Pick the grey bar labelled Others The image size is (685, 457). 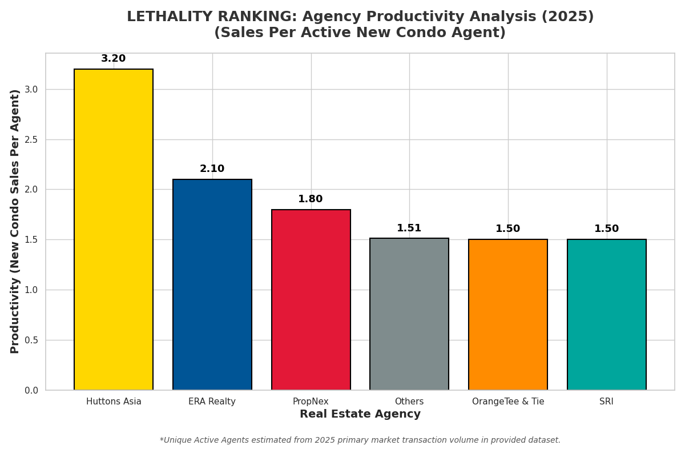(x=409, y=314)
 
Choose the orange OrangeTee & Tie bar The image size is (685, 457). (x=508, y=315)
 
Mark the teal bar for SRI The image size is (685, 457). (x=607, y=315)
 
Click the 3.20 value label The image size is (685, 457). (x=114, y=59)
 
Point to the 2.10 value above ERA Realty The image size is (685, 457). (x=212, y=169)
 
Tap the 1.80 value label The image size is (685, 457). (x=311, y=199)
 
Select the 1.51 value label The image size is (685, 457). (x=409, y=228)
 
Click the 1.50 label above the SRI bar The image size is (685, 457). (x=607, y=229)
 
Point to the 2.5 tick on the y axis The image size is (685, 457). (x=31, y=139)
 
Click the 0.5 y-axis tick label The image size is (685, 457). (x=31, y=340)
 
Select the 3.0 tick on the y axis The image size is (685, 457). (x=31, y=90)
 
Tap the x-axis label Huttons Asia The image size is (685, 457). (x=114, y=402)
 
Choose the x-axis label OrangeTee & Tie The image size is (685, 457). (x=508, y=402)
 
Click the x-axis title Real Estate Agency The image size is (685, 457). (x=360, y=415)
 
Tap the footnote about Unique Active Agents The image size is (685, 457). (x=360, y=440)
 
